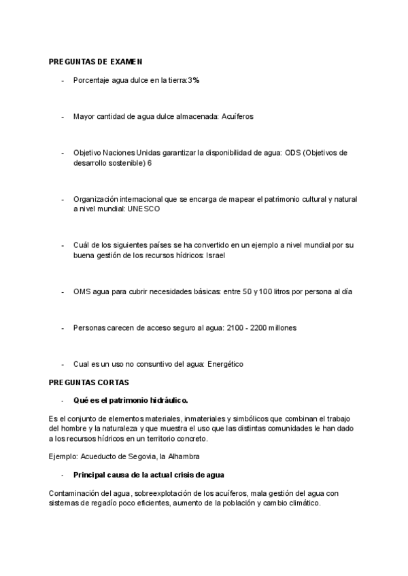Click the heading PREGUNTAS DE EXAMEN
[x=95, y=62]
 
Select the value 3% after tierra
[x=194, y=80]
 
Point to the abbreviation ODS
[x=294, y=153]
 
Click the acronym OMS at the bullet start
[x=82, y=291]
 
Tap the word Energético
[x=224, y=364]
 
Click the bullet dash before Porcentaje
[x=63, y=80]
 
